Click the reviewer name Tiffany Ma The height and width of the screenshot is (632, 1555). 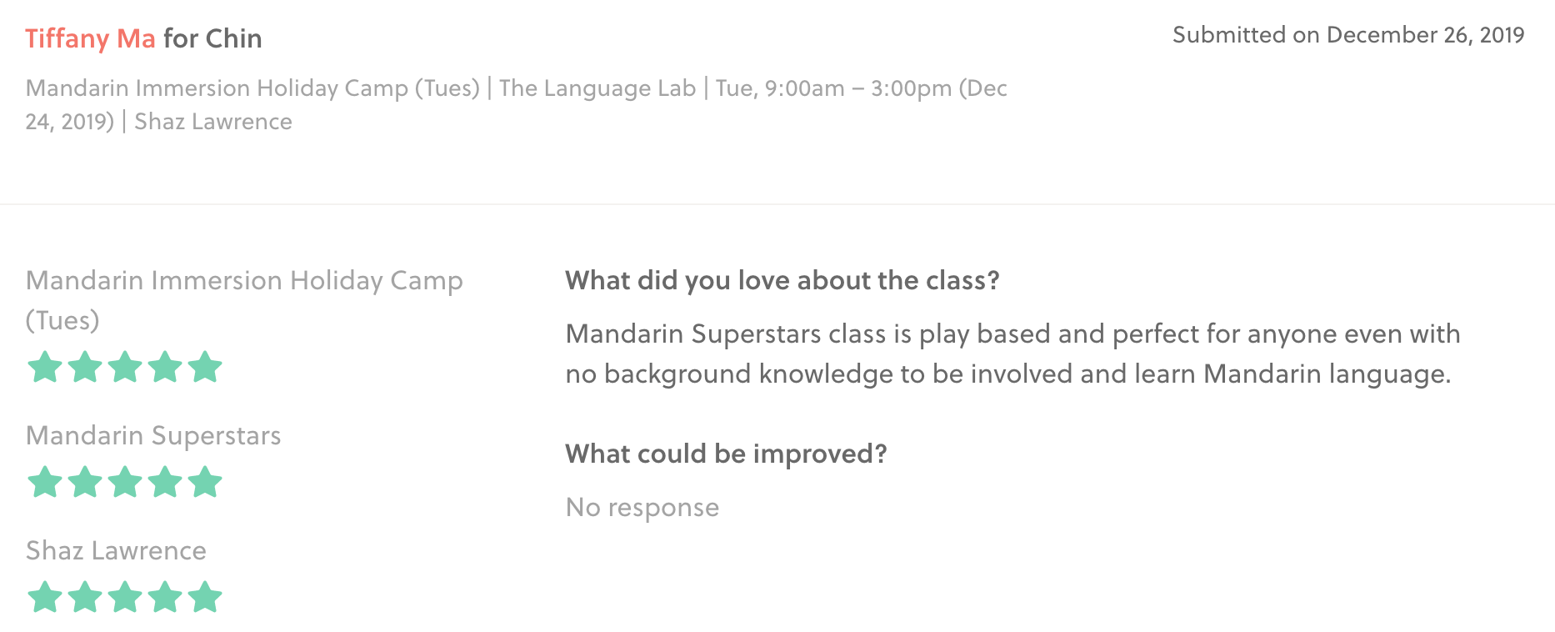[x=90, y=39]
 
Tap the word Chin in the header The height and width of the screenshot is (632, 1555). [x=234, y=38]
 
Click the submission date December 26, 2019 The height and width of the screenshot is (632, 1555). [x=1425, y=35]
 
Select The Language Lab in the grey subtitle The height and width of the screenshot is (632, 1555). [x=597, y=88]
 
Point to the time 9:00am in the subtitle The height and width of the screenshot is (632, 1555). [x=805, y=88]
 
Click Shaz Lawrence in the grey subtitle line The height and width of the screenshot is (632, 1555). [x=213, y=122]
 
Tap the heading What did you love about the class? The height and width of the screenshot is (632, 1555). [x=782, y=280]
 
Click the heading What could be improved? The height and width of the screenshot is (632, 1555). [x=726, y=454]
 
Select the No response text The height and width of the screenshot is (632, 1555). [x=642, y=507]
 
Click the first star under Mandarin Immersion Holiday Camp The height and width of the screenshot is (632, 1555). [x=45, y=367]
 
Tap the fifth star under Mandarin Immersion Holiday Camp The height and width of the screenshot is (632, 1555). [x=205, y=367]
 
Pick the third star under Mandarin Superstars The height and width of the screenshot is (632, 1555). [x=125, y=482]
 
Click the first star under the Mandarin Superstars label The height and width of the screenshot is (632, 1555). [x=45, y=482]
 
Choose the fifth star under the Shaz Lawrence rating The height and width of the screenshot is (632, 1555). [x=205, y=597]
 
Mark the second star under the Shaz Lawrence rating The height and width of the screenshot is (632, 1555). [x=85, y=597]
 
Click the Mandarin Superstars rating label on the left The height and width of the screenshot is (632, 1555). [x=153, y=436]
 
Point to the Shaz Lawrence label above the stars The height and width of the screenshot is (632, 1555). [x=116, y=550]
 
